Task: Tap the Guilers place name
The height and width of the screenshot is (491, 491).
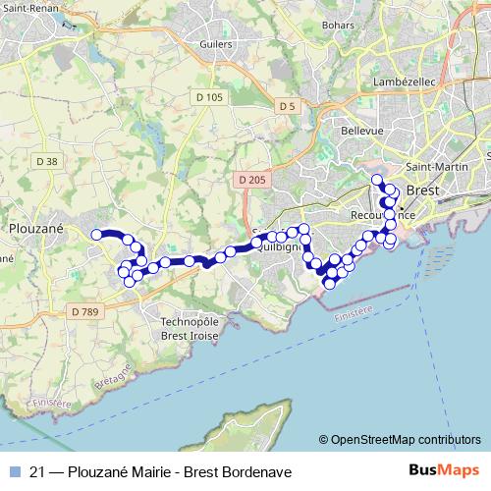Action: pos(214,44)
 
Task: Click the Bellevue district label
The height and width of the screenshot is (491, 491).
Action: pos(360,131)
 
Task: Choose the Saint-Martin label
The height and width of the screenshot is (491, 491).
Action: pos(429,166)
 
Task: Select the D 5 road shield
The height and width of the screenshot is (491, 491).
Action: pos(287,105)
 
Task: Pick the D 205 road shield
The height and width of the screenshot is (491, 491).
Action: pos(251,180)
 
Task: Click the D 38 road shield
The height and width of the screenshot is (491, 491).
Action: pos(45,161)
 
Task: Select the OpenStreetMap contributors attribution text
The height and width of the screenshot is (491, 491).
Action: pos(405,440)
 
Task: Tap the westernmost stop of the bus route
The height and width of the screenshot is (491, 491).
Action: pos(96,234)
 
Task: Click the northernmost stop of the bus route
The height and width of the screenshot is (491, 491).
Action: pos(376,179)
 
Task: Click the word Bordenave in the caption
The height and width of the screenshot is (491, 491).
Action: pos(254,470)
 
